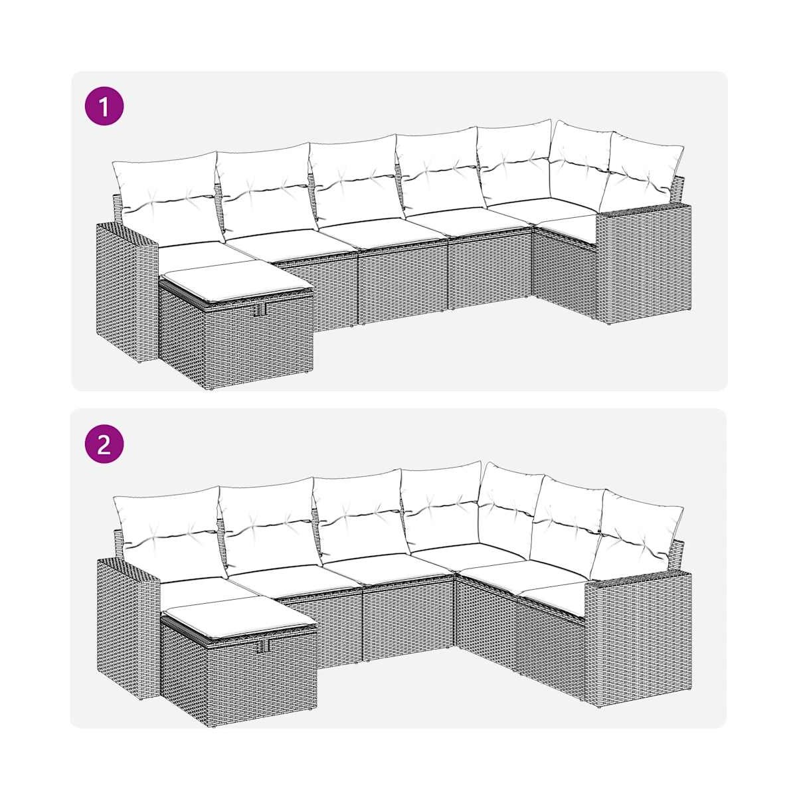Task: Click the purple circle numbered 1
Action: coord(104,106)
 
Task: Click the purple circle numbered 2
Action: coord(104,444)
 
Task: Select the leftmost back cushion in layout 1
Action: coord(169,197)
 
